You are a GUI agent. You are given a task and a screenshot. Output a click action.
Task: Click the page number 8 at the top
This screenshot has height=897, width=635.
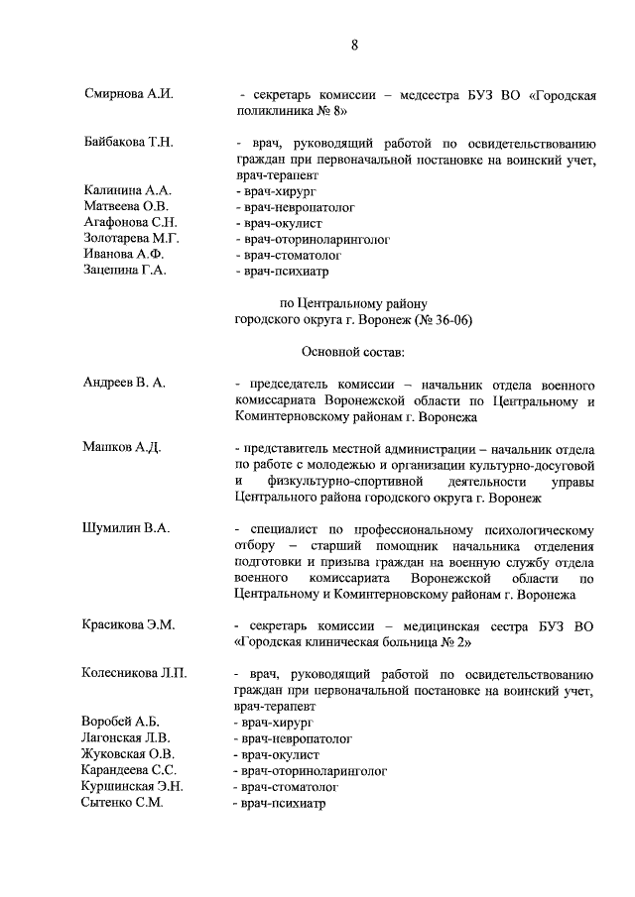pos(354,45)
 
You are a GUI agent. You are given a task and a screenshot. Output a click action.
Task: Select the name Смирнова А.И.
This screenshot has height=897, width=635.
pos(129,94)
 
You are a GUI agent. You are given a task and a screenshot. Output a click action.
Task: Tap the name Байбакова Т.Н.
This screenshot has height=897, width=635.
pos(129,142)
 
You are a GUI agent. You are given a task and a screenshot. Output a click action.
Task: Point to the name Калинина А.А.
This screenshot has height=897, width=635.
pos(128,189)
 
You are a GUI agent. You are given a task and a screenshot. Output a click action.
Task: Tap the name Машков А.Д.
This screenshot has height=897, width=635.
pos(121,447)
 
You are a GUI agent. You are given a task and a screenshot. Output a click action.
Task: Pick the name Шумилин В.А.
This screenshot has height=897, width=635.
pos(125,528)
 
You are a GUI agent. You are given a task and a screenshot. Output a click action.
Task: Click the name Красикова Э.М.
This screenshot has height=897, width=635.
pos(128,624)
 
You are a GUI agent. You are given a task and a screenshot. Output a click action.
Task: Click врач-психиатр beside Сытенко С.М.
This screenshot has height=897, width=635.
pos(279,802)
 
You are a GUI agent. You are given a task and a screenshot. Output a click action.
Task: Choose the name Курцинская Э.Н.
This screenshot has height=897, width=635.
pos(132,786)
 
